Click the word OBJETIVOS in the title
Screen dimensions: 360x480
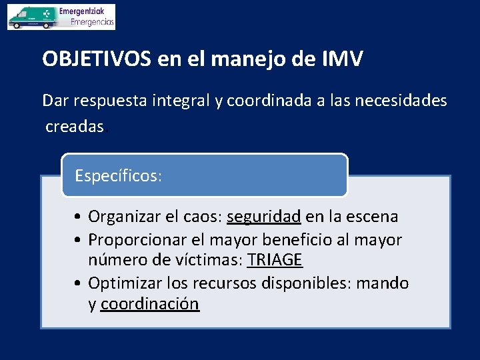pyautogui.click(x=97, y=59)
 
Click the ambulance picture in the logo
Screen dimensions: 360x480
pyautogui.click(x=31, y=17)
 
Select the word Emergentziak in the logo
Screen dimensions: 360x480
pyautogui.click(x=86, y=11)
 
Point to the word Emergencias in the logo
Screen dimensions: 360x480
pyautogui.click(x=92, y=22)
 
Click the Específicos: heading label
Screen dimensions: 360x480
pyautogui.click(x=118, y=176)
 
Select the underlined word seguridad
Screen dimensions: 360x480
pyautogui.click(x=264, y=217)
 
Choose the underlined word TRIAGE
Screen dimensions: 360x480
pyautogui.click(x=275, y=260)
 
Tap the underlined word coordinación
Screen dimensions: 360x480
pyautogui.click(x=150, y=304)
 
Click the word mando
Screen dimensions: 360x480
pyautogui.click(x=383, y=283)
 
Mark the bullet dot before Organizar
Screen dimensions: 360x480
pyautogui.click(x=79, y=217)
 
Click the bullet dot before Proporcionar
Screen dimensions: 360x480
pyautogui.click(x=79, y=239)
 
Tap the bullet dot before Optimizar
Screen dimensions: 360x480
pyautogui.click(x=79, y=283)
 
